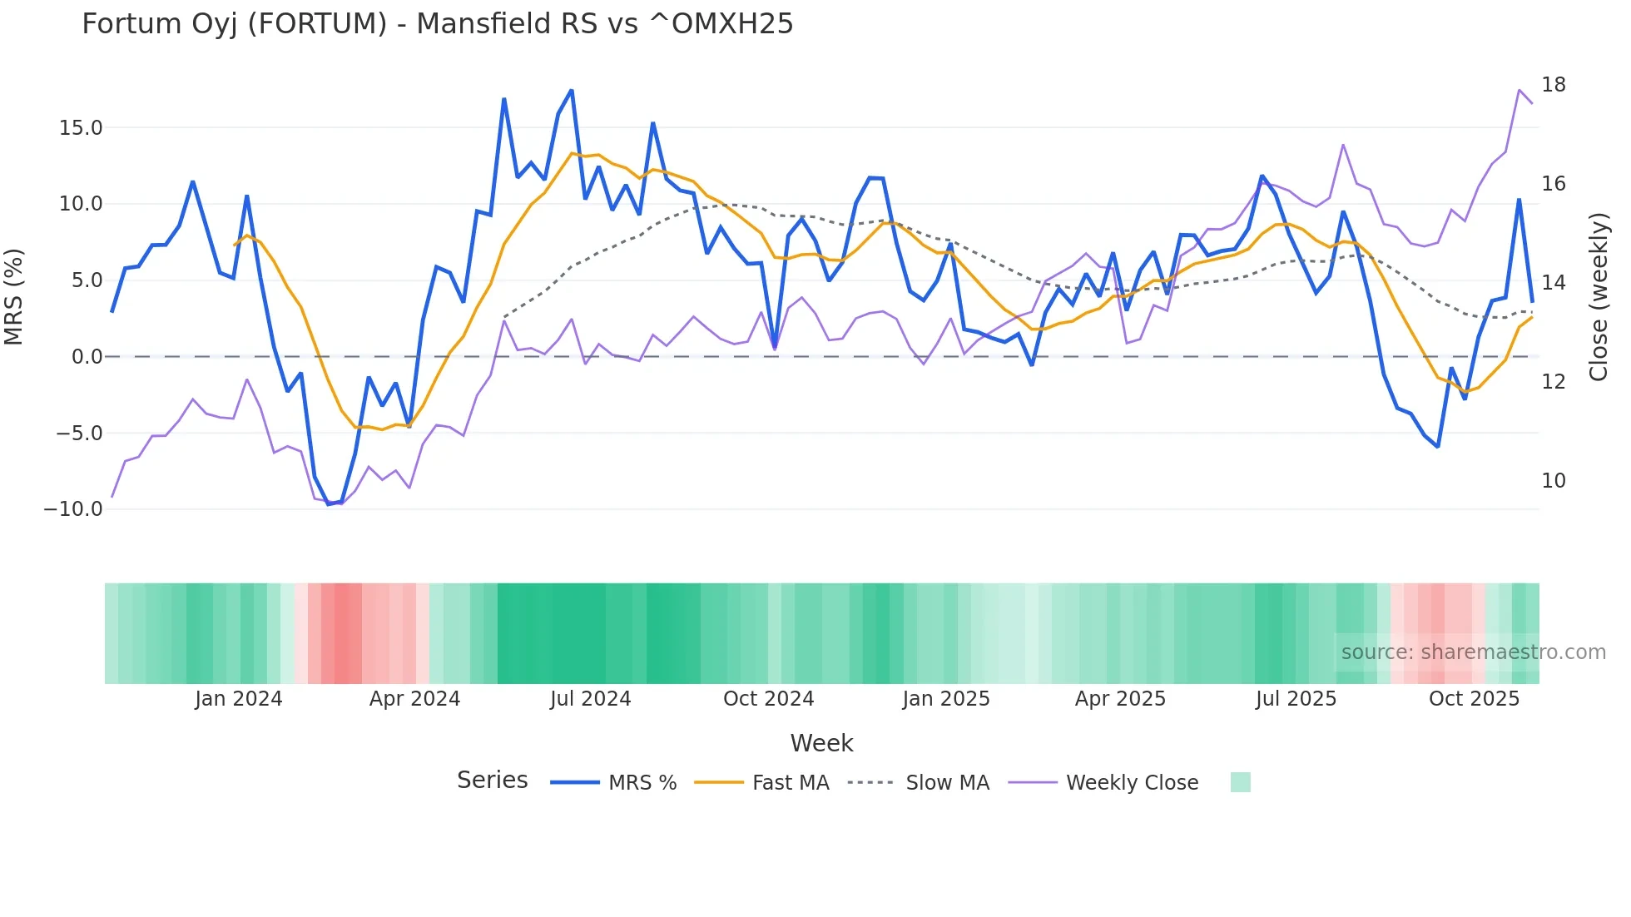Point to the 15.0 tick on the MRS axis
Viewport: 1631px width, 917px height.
81,128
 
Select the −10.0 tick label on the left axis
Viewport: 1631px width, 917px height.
73,509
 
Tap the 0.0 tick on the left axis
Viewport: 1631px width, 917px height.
87,357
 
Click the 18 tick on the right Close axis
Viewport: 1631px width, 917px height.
1553,85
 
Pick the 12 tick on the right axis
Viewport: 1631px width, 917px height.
1553,382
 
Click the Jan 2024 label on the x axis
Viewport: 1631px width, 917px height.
239,699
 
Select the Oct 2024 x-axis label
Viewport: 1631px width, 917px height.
768,699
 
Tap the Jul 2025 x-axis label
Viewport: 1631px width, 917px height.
1296,699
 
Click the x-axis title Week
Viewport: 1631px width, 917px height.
821,743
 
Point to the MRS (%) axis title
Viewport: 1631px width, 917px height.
14,297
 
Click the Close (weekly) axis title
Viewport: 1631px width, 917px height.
1598,297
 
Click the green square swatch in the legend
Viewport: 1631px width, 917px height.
1240,782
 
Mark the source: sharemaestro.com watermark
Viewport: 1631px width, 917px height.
1473,652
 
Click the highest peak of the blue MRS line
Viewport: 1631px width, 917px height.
572,91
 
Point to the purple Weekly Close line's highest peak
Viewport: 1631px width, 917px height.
1519,90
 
